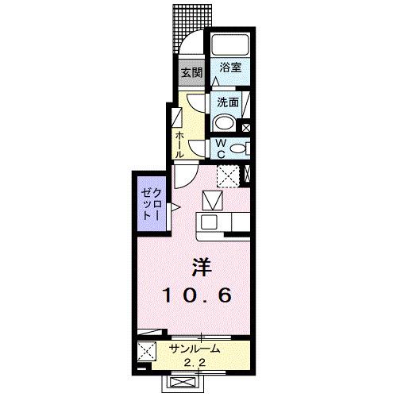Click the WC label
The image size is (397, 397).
pyautogui.click(x=219, y=147)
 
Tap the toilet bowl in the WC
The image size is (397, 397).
pyautogui.click(x=243, y=148)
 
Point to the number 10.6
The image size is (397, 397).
pyautogui.click(x=198, y=295)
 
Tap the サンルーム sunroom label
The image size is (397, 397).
pyautogui.click(x=194, y=349)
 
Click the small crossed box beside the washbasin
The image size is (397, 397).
pyautogui.click(x=245, y=126)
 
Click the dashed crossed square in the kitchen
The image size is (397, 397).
pyautogui.click(x=229, y=175)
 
